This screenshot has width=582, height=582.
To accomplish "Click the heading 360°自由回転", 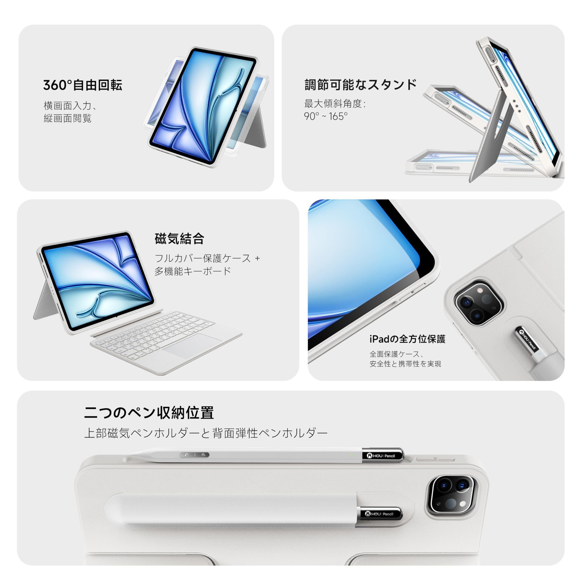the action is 83,85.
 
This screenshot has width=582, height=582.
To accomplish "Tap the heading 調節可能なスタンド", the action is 361,85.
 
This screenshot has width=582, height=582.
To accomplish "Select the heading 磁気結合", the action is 180,239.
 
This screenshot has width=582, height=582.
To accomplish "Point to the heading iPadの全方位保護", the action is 407,339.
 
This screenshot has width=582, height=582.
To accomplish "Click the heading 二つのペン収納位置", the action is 149,413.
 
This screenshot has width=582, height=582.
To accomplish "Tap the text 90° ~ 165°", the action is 326,116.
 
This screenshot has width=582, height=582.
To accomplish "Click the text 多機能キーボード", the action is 193,271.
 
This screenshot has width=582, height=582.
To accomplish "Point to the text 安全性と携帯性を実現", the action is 405,364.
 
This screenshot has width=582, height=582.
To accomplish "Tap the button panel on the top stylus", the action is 195,455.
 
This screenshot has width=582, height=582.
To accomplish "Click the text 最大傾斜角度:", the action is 335,104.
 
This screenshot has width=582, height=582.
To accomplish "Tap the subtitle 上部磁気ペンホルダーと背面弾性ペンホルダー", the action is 206,433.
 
